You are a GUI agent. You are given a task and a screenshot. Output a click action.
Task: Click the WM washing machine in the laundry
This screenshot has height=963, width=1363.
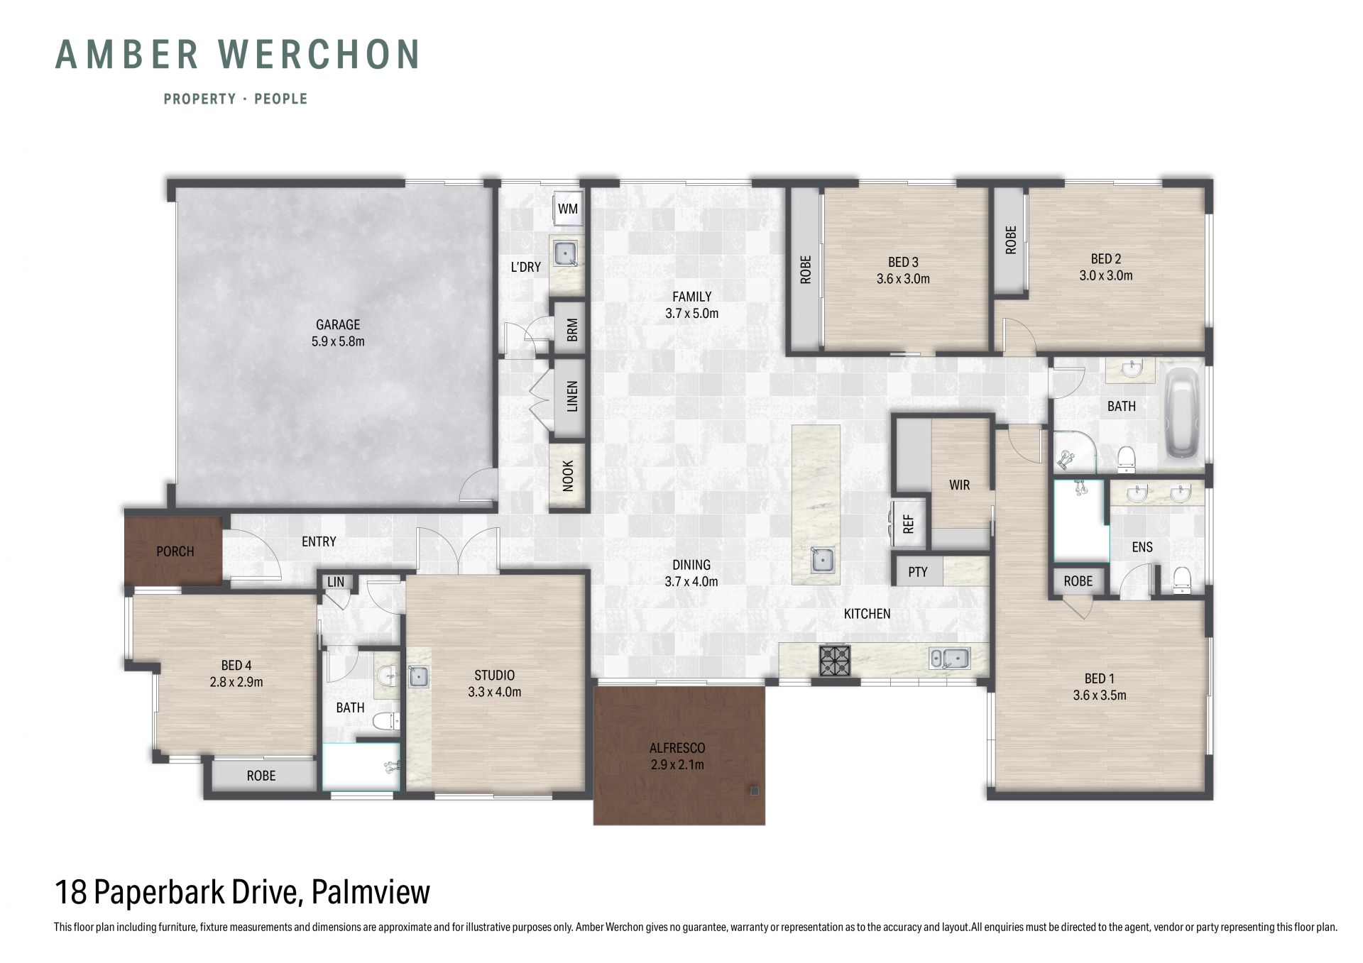coord(568,209)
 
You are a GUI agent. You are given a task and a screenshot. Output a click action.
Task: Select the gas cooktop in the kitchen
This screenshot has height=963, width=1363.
coord(835,660)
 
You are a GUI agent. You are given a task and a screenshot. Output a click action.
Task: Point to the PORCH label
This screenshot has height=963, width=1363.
coord(175,551)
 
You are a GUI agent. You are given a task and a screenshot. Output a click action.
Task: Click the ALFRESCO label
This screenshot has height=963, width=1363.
coord(677,748)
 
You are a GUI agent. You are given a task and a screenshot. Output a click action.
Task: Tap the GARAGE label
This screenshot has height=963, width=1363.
coord(338,324)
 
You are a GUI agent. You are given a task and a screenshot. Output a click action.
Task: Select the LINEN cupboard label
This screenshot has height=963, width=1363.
coord(572,397)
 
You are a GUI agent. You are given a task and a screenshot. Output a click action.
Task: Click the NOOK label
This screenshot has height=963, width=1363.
coord(568,475)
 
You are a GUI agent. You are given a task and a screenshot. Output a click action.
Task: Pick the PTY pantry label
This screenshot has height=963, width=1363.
coord(917,572)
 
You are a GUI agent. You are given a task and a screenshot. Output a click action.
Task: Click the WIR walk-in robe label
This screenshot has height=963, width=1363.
coord(959,485)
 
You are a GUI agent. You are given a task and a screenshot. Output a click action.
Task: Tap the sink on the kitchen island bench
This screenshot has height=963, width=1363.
coord(823,559)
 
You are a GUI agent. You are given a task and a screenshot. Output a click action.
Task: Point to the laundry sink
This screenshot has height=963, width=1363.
coord(566,253)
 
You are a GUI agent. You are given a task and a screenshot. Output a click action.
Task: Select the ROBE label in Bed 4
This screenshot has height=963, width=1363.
coord(261,776)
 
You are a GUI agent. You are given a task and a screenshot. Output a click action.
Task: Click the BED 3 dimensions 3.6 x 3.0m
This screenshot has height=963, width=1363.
coord(903,279)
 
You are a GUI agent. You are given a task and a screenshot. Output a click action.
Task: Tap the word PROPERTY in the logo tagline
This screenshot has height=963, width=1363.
coord(199,99)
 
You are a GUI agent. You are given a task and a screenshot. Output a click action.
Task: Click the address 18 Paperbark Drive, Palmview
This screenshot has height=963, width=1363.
coord(243,892)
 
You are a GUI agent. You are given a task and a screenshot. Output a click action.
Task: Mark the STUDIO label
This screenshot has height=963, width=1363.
coord(494,675)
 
